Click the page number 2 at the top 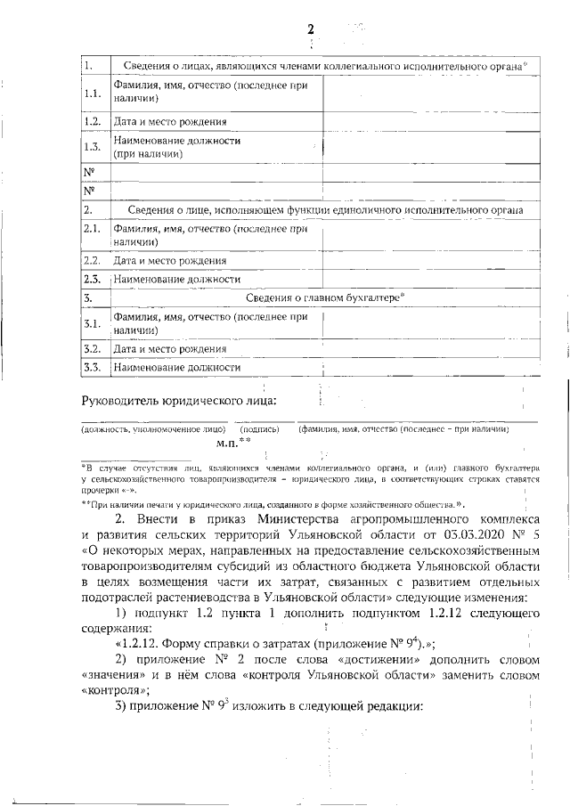310,29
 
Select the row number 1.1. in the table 92,94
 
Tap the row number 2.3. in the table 93,280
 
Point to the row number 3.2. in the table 93,348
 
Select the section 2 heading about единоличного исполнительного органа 324,210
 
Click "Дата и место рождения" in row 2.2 169,261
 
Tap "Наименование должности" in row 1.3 176,141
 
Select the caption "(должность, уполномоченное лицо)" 153,429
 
